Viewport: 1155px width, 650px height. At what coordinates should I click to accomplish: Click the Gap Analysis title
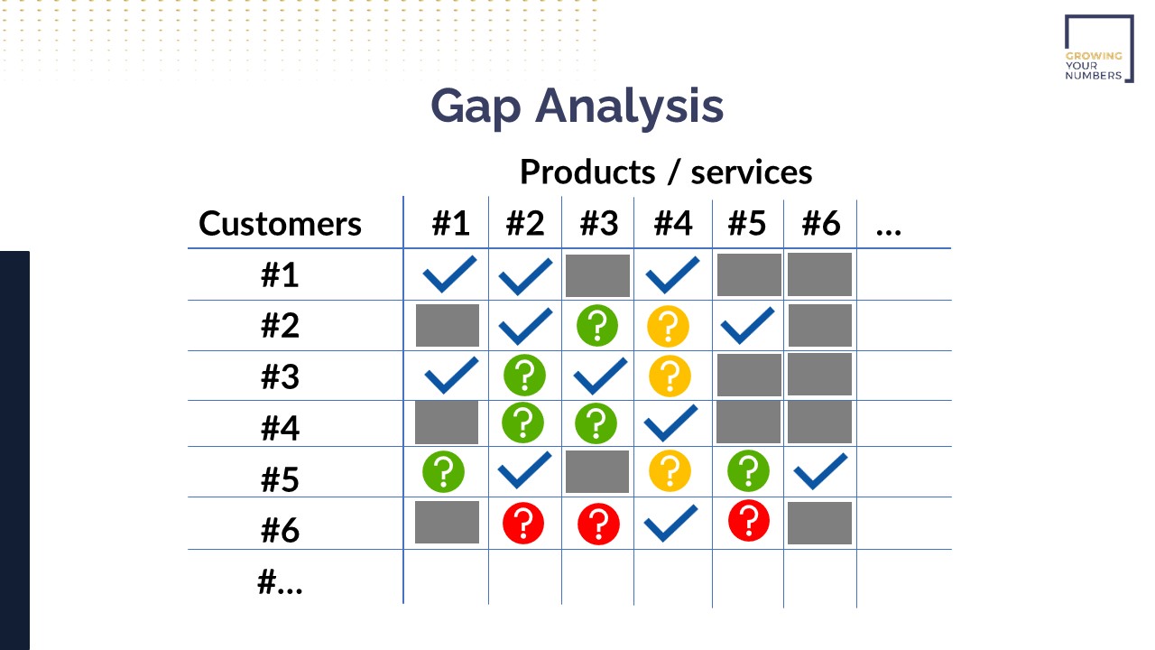(x=577, y=107)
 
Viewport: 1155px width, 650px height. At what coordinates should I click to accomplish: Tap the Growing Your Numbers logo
(x=1099, y=49)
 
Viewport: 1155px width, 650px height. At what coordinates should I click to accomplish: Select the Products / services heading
(x=666, y=172)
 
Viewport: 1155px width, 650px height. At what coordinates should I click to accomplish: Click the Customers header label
(x=280, y=224)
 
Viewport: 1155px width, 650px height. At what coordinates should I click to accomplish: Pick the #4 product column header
(x=673, y=223)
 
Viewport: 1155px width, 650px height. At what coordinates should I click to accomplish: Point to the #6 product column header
(x=821, y=223)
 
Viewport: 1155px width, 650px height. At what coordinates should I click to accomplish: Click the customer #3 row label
(x=280, y=376)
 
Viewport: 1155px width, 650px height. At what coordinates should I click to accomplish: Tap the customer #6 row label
(x=280, y=530)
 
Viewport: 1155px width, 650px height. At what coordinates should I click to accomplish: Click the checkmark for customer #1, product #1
(x=449, y=274)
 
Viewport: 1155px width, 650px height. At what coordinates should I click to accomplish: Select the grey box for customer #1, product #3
(x=597, y=275)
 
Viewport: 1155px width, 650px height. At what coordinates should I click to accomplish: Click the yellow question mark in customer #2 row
(x=669, y=326)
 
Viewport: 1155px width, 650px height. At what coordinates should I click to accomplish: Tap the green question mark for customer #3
(x=524, y=375)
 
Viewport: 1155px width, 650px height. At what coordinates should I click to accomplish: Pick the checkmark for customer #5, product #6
(x=820, y=471)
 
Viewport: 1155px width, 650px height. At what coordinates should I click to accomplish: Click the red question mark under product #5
(x=749, y=521)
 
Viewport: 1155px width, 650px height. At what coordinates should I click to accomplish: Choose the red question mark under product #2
(x=523, y=524)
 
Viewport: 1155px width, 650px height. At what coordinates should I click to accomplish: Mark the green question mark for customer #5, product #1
(x=443, y=471)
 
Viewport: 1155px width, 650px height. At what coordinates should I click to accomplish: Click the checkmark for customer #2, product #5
(x=748, y=326)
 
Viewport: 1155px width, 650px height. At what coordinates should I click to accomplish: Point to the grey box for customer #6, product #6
(x=820, y=523)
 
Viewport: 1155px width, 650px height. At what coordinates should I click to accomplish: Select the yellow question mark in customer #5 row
(x=670, y=470)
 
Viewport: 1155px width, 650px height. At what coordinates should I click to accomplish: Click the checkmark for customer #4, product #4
(x=670, y=423)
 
